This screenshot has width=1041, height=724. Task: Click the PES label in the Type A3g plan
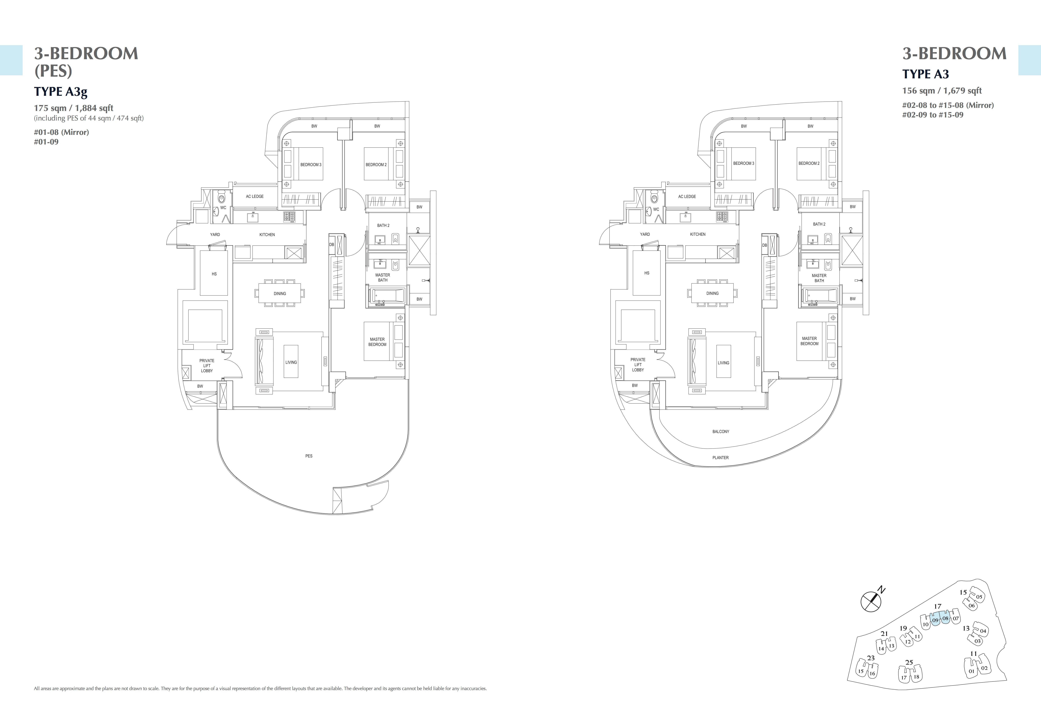[309, 456]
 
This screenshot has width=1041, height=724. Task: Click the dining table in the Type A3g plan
[280, 293]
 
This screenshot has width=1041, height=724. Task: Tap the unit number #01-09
[46, 142]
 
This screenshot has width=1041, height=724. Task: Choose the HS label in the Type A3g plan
[214, 274]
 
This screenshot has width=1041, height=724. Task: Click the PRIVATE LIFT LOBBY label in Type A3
[638, 365]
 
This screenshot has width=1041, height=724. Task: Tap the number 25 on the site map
[909, 662]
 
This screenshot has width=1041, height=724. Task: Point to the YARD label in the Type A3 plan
[645, 234]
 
